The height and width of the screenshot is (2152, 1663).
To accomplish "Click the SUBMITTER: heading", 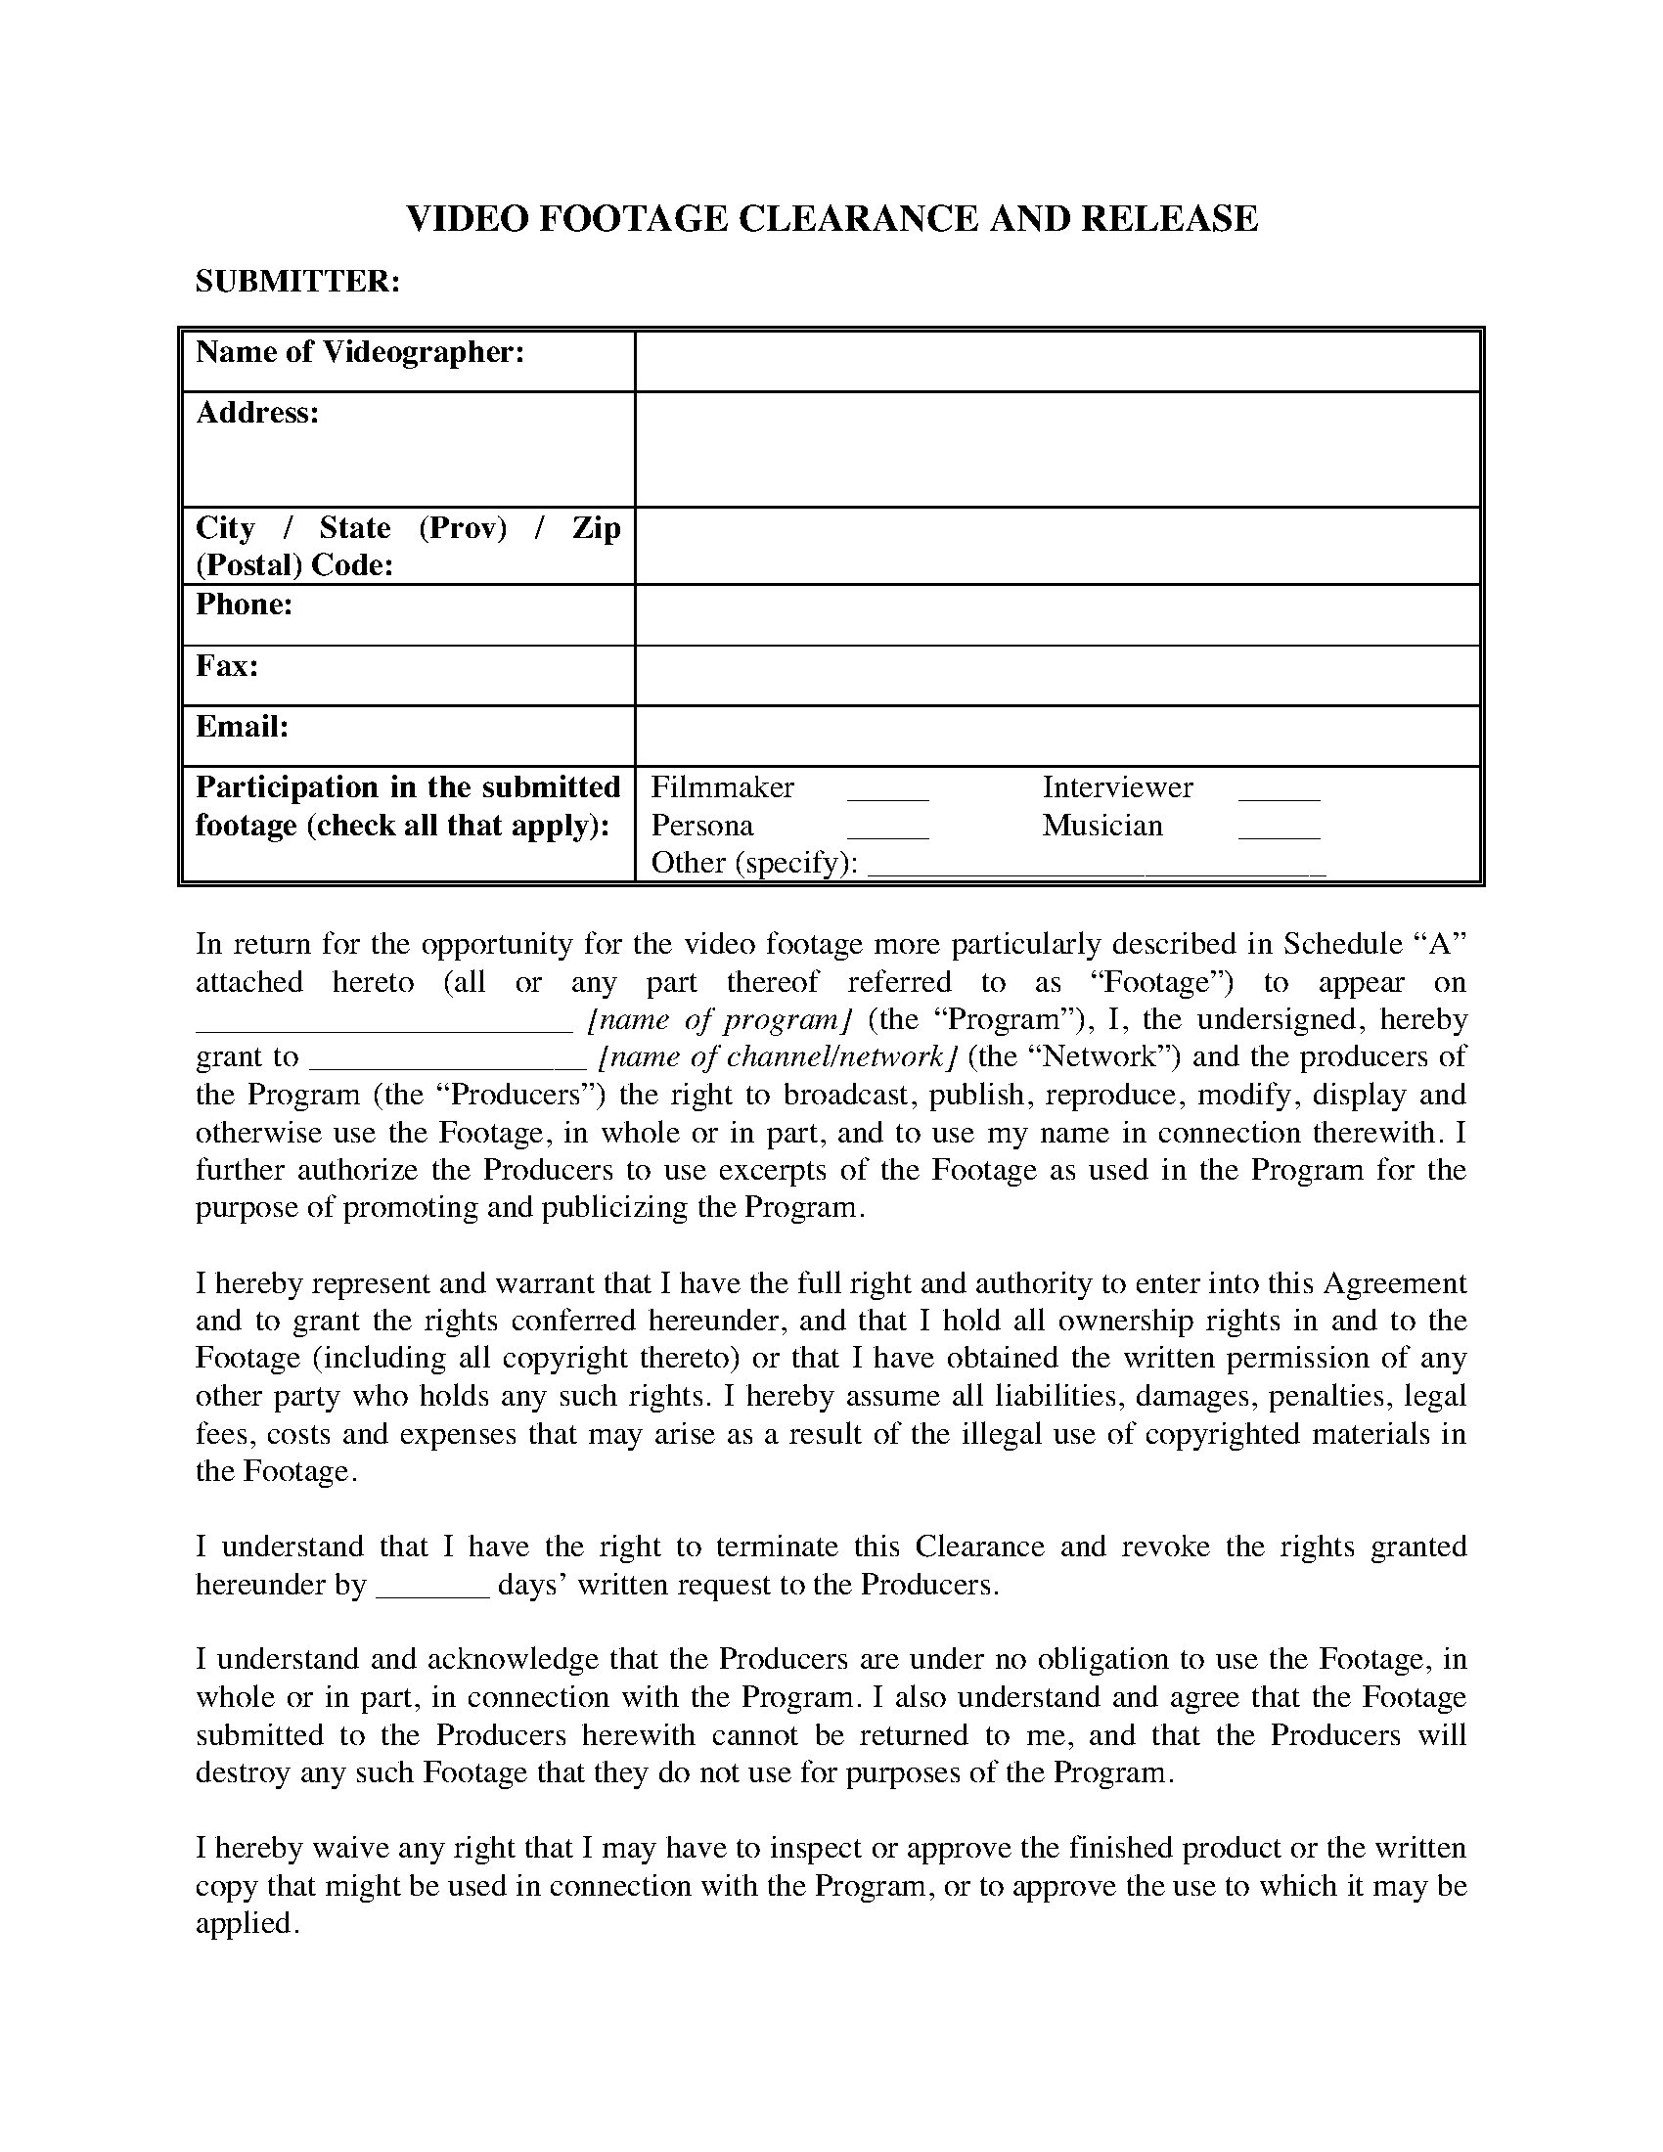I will click(297, 282).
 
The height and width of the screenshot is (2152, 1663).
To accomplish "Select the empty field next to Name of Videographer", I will click(1057, 362).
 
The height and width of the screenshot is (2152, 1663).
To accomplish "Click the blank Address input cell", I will click(1057, 449).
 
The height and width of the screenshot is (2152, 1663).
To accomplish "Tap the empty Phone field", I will click(1057, 615).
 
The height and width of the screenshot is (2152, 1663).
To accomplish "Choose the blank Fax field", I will click(1057, 676).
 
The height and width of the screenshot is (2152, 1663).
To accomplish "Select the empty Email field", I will click(1057, 736).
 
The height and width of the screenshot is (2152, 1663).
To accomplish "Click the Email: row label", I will click(243, 727).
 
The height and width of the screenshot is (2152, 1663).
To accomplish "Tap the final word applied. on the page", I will click(247, 1923).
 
